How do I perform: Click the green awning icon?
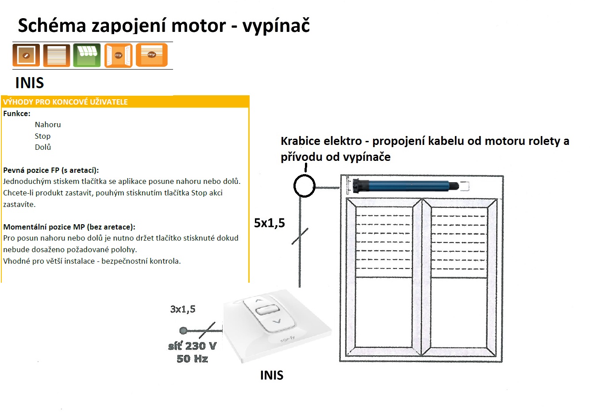click(x=87, y=55)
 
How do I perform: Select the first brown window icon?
click(x=26, y=55)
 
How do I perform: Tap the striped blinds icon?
click(x=57, y=55)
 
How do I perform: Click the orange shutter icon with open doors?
click(x=118, y=55)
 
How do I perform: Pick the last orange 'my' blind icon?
click(x=152, y=55)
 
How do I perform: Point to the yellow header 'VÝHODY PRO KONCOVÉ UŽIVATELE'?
click(x=66, y=102)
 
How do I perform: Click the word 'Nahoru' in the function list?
click(x=48, y=125)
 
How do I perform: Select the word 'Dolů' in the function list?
click(x=42, y=147)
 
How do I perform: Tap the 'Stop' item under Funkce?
click(x=42, y=136)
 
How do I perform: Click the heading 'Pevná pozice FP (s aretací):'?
click(x=51, y=170)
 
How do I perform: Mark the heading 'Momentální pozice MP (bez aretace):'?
click(x=69, y=227)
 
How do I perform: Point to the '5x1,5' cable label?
click(x=270, y=223)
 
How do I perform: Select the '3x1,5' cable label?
click(x=183, y=309)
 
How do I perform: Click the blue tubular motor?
click(x=405, y=185)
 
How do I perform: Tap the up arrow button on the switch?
click(x=259, y=300)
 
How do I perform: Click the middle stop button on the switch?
click(x=267, y=310)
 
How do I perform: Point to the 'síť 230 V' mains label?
click(x=192, y=346)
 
